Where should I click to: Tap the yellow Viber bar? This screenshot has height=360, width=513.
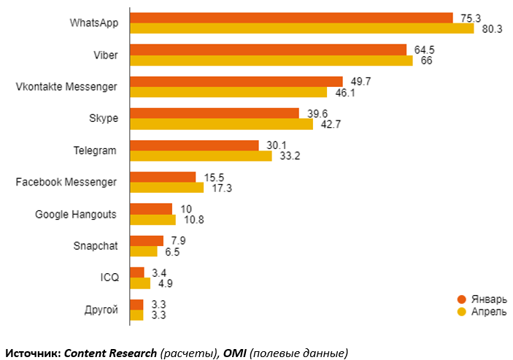[271, 61]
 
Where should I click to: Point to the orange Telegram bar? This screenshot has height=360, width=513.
[194, 145]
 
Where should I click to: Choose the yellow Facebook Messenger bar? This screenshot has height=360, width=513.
[166, 188]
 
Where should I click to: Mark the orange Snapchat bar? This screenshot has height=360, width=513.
[147, 240]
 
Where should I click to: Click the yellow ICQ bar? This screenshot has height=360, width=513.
[139, 283]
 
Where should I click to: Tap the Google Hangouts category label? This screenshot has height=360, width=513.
[76, 215]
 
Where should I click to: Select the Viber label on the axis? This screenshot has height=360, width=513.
[104, 55]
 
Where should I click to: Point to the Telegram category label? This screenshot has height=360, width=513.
[96, 150]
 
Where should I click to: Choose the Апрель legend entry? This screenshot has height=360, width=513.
[482, 313]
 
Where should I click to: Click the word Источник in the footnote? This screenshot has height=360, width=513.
[33, 353]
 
